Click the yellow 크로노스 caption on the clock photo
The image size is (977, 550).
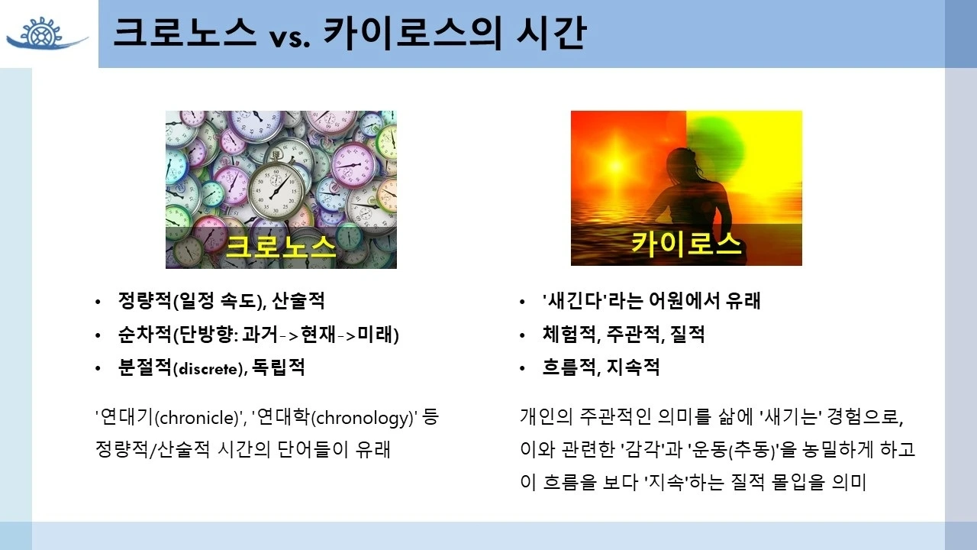tap(281, 246)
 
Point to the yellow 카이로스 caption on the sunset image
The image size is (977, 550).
tap(686, 244)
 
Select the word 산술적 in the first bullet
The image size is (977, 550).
tap(298, 301)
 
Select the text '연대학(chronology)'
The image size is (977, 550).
tap(335, 418)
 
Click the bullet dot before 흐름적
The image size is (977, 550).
tap(522, 369)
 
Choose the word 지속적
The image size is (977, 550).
tap(633, 368)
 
